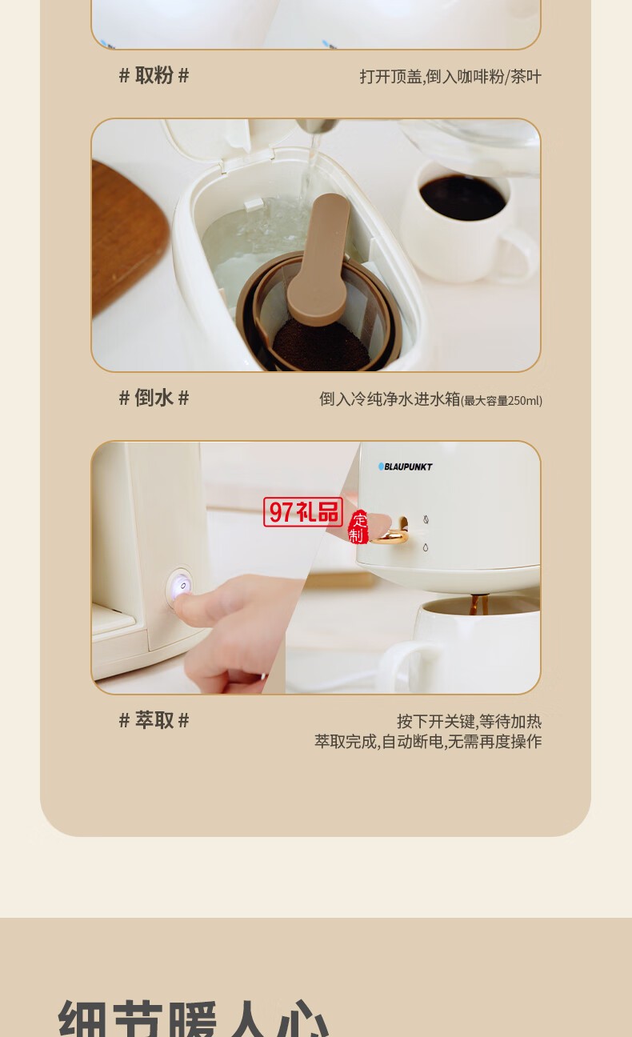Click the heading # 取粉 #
pos(154,76)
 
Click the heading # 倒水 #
pos(154,398)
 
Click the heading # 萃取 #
pos(154,720)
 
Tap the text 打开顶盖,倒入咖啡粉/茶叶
pos(450,77)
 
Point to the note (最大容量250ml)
pos(502,401)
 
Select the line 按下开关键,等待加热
pos(469,722)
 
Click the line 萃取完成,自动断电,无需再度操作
pos(428,742)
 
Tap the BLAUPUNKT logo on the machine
pos(406,466)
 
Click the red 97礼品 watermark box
pos(303,512)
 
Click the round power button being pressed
pos(181,587)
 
